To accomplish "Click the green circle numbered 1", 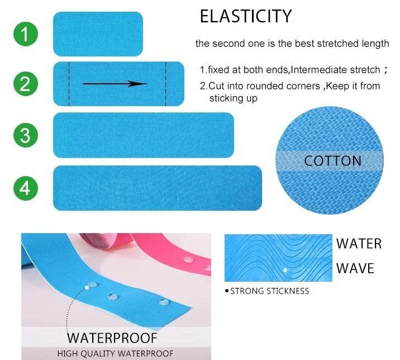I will pos(25,34).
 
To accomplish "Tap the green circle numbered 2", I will pos(25,84).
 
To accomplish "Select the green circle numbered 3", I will pos(25,135).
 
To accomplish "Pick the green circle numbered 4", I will pos(25,188).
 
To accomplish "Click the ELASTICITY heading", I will pos(245,17).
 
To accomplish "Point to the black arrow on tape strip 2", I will pos(115,84).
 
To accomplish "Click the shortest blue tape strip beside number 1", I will pos(98,34).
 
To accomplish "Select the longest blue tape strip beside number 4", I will pos(157,188).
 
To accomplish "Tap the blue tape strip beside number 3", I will pos(143,135).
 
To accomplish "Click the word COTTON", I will pos(332,161).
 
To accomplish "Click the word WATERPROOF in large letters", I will pos(112,338).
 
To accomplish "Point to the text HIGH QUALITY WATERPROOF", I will pos(115,353).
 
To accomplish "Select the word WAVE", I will pos(355,268).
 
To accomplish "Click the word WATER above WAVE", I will pos(359,244).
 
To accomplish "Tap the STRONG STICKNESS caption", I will pos(269,291).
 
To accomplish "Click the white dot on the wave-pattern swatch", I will pos(285,270).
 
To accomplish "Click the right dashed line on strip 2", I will pos(165,84).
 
